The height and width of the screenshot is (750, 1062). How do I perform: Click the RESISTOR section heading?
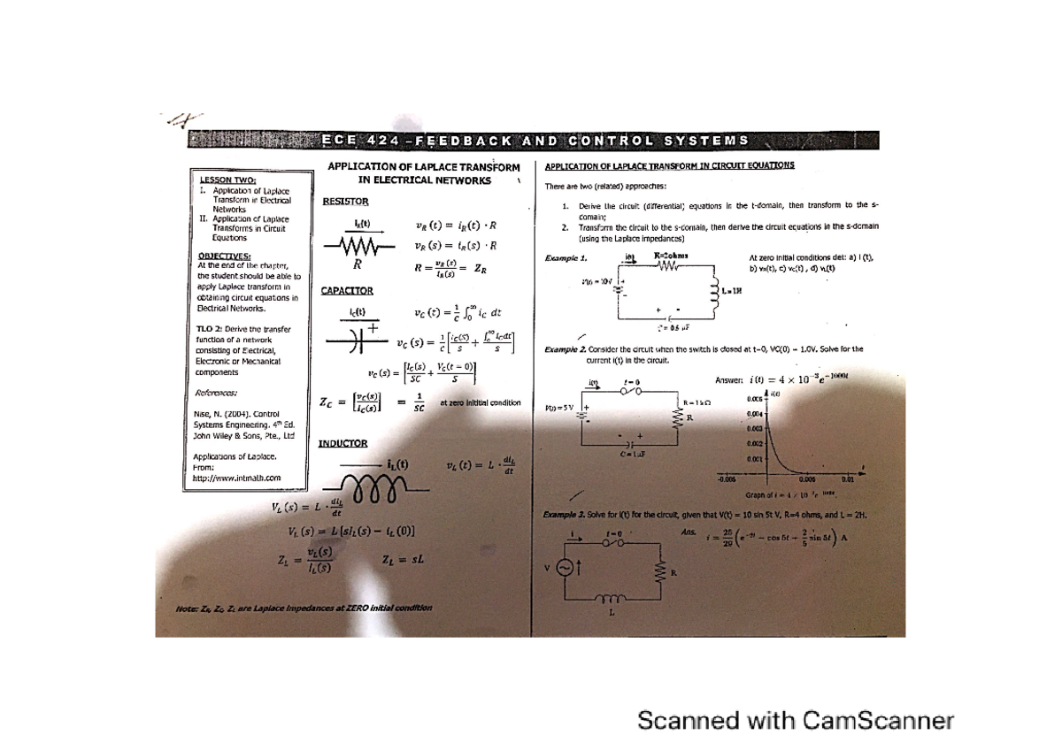point(344,202)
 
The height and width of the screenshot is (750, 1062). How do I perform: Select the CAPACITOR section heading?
point(347,290)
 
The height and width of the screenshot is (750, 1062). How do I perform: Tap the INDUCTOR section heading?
point(343,443)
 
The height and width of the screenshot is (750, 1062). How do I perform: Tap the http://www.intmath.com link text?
point(236,478)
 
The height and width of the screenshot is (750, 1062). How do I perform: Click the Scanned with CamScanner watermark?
point(796,722)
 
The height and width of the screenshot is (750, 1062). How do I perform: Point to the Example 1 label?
point(568,257)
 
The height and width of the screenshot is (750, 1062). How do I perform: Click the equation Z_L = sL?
point(404,559)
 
